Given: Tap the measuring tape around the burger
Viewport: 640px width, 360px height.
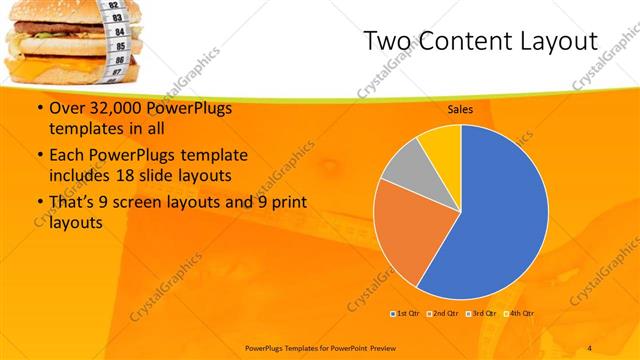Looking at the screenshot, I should click(x=119, y=35).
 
